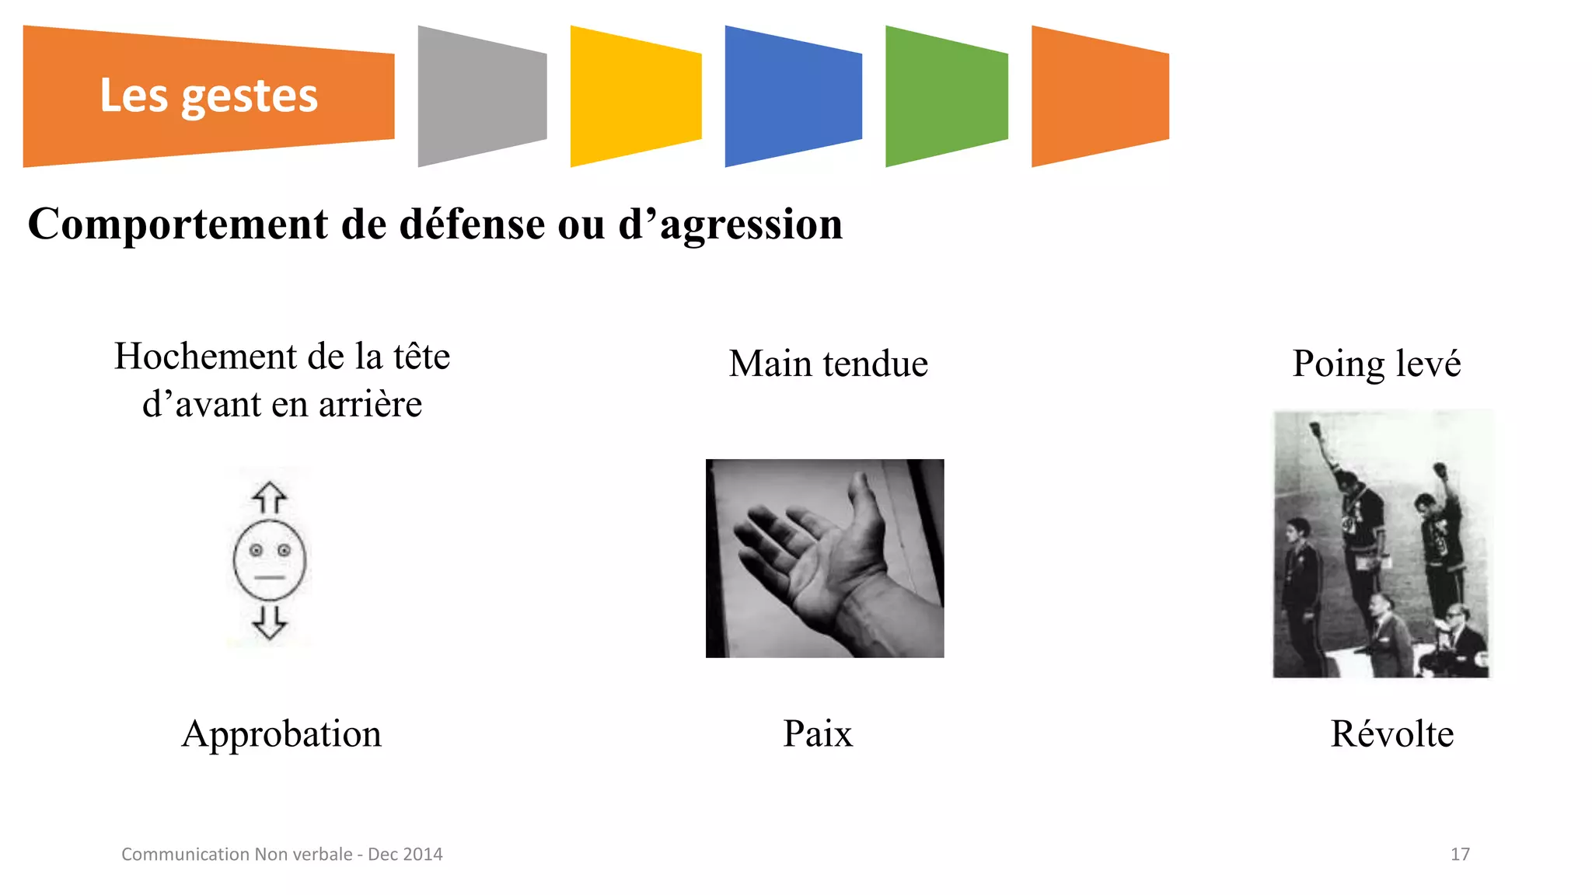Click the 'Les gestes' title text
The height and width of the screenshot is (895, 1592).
tap(208, 96)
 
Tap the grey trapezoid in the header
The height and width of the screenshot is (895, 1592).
tap(482, 96)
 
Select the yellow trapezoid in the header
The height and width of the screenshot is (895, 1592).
tap(635, 96)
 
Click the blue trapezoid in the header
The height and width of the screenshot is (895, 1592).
tap(793, 96)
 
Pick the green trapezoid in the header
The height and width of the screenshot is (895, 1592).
tap(946, 96)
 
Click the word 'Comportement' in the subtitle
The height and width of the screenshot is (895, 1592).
tap(178, 225)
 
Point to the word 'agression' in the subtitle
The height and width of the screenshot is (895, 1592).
tap(751, 225)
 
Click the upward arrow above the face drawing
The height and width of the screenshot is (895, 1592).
tap(270, 498)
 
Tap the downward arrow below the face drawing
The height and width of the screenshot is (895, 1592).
tap(270, 622)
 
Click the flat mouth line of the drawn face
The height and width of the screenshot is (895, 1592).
tap(270, 577)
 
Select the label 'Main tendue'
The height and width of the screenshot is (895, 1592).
tap(829, 364)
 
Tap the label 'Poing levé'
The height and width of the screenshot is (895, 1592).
tap(1376, 364)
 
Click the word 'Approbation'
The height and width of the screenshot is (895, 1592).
tap(281, 733)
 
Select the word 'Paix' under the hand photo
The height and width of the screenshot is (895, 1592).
tap(818, 733)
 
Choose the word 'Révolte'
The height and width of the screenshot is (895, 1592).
tap(1391, 733)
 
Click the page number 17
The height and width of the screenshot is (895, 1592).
tap(1460, 854)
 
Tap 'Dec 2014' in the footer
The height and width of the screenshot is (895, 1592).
tap(405, 854)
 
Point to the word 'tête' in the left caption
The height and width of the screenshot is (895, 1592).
tap(421, 357)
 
